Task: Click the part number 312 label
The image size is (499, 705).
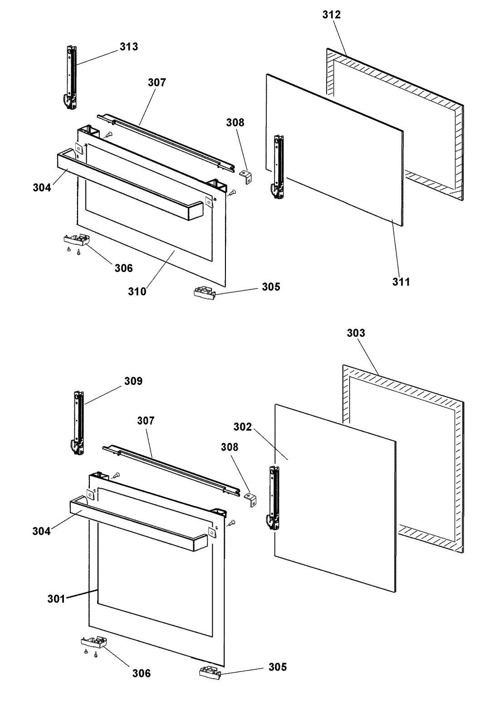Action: (331, 15)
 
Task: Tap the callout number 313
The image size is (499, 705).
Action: (129, 47)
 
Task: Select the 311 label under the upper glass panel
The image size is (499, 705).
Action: (401, 282)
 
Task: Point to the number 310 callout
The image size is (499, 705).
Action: (137, 292)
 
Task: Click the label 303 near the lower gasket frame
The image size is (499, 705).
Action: (356, 333)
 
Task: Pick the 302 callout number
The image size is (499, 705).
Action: (242, 427)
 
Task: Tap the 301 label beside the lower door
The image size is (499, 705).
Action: (56, 599)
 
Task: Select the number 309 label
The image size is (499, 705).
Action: (133, 381)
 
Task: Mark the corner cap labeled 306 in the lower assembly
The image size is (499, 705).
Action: (94, 641)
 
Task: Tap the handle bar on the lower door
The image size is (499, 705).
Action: (138, 523)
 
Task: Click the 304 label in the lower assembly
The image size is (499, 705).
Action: (41, 531)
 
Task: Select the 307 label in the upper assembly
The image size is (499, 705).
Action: (157, 83)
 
